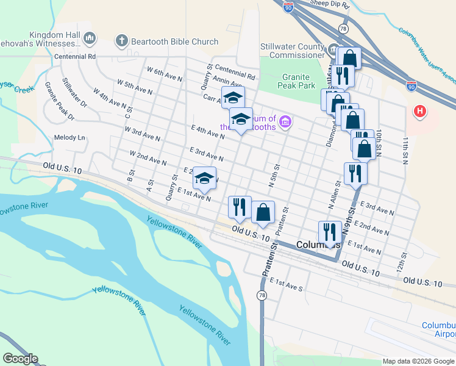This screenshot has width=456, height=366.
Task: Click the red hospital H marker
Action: click(419, 112)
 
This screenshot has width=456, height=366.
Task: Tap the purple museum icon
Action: click(284, 123)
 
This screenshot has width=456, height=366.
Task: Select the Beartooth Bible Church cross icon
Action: click(121, 41)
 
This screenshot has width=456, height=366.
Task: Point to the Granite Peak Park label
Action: click(299, 82)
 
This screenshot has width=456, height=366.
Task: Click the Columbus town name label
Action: click(317, 244)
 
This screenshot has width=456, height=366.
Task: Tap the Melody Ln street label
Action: click(69, 138)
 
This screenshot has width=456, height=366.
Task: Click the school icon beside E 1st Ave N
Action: click(205, 179)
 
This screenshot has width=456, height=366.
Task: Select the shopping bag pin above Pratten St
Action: click(263, 213)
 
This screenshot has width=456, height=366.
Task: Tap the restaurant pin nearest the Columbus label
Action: click(330, 232)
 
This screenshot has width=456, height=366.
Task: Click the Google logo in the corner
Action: click(20, 359)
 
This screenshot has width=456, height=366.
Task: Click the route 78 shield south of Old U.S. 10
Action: click(262, 295)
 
